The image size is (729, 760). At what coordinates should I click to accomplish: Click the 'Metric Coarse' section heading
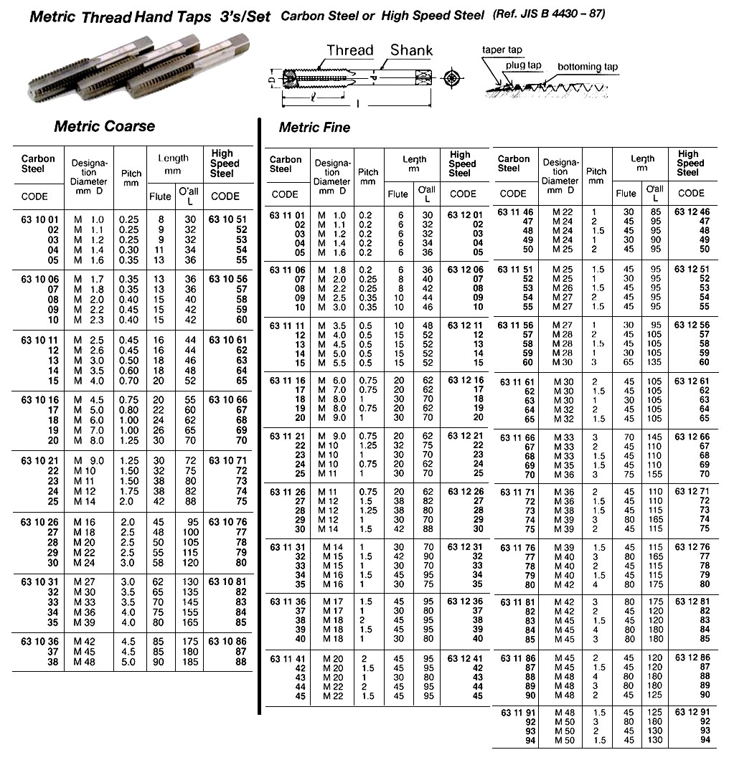coord(105,126)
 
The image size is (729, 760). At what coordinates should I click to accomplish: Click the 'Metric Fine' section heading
coord(314,128)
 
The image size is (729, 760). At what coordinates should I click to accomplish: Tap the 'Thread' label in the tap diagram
coord(350,50)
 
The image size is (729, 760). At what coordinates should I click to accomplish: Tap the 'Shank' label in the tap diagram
coord(411,49)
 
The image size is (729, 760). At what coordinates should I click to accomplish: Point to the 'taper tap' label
coord(502,49)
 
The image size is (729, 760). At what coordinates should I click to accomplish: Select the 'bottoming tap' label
coord(588,67)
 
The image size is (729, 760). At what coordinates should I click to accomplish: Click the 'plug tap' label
coord(523,65)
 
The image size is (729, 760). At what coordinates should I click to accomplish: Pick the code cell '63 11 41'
coord(286,657)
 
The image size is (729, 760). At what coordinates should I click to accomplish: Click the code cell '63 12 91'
coord(691,712)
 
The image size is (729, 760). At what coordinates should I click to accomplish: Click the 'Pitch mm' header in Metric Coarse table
coord(131,178)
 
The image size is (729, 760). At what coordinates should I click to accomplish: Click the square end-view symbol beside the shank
coord(451,78)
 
